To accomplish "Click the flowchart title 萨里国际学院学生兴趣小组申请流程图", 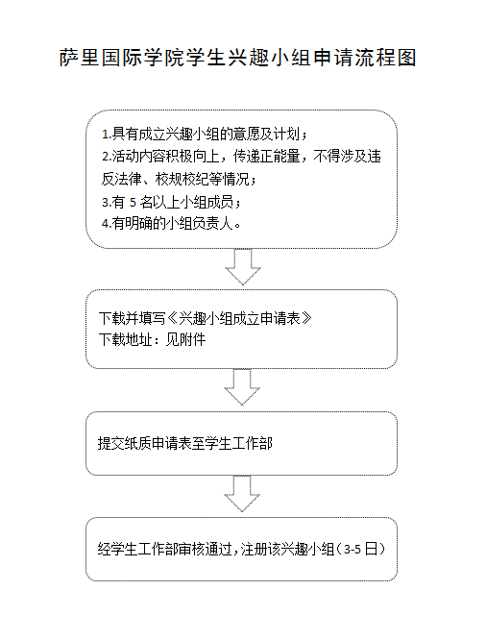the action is [238, 57].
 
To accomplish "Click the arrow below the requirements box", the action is [243, 266].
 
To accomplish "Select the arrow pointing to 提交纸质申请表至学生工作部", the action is [242, 387].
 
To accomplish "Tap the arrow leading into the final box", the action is [242, 494].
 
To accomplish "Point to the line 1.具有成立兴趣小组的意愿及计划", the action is [205, 134].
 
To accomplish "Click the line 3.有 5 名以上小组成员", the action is [171, 202].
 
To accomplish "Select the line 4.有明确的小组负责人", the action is [171, 223].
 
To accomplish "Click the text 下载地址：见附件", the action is [152, 339].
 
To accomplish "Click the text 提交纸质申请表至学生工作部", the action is [184, 443].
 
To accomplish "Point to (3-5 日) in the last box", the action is [361, 549].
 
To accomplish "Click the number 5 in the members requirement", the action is [133, 202].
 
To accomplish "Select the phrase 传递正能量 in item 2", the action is [266, 157].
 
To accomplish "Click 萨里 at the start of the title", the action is [79, 57].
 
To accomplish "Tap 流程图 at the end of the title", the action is [385, 57].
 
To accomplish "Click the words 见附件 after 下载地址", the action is [185, 339].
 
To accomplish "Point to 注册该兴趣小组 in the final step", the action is [288, 549].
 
